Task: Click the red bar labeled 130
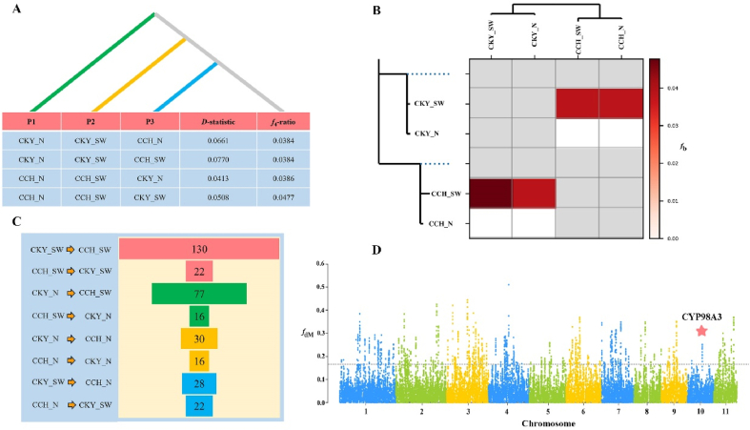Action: click(199, 248)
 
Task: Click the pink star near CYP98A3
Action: click(701, 330)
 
